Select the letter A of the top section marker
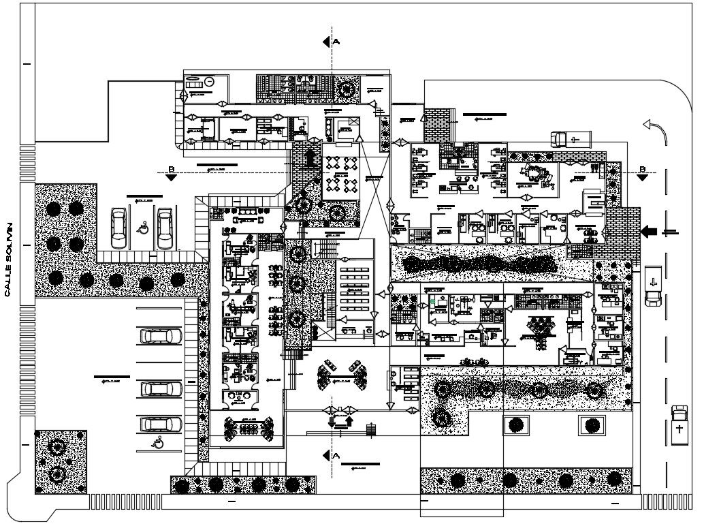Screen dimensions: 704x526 click(x=336, y=41)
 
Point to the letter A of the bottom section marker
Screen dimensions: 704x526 click(x=336, y=455)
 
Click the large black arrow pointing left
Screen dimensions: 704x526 click(x=649, y=232)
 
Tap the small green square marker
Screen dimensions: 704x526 click(x=432, y=300)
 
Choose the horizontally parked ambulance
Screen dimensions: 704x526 click(x=570, y=139)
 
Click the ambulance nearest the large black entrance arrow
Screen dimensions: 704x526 click(x=652, y=286)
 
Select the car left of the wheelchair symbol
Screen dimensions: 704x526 click(x=119, y=228)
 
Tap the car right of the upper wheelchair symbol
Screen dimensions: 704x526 click(x=165, y=228)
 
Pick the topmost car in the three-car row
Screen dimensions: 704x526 click(x=161, y=336)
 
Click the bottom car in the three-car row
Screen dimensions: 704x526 click(x=161, y=424)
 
